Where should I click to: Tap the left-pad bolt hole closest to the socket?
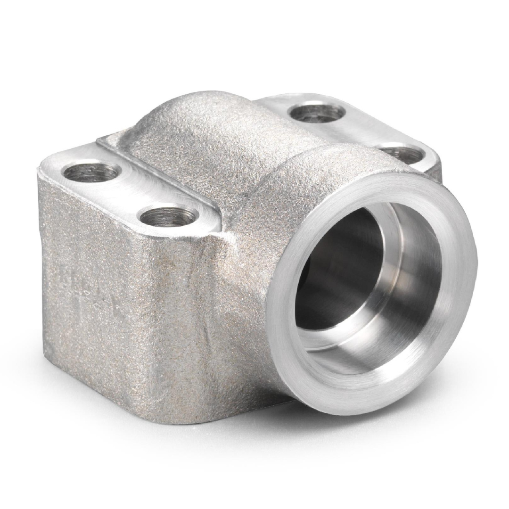point(168,216)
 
